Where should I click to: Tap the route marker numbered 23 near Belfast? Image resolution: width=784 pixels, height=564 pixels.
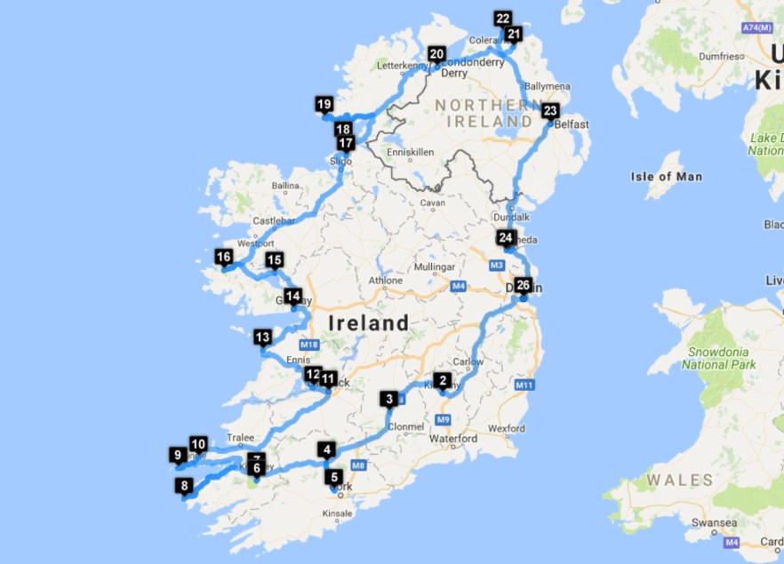[550, 112]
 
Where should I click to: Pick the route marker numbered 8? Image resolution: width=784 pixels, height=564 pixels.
[185, 486]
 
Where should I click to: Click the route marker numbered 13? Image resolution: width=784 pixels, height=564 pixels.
[262, 338]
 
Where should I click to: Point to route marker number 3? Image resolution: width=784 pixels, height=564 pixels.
[389, 400]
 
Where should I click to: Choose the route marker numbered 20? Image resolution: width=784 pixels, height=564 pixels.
[436, 55]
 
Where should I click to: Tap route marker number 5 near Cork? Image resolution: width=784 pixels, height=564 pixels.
[334, 477]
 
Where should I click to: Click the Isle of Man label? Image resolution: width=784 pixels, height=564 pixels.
[666, 177]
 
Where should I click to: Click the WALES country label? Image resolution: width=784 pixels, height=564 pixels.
[679, 481]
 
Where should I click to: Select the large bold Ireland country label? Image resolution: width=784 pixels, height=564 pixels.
[369, 323]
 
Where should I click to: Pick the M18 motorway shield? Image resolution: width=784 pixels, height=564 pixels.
[309, 345]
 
